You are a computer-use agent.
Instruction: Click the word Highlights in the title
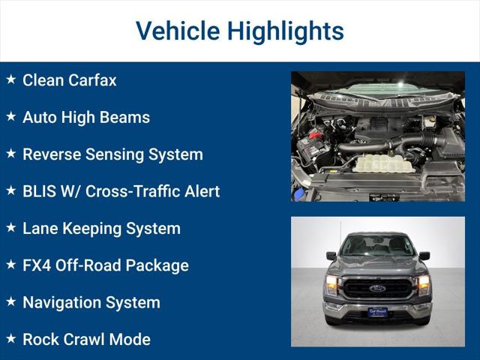tap(286, 31)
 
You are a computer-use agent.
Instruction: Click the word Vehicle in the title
tap(178, 31)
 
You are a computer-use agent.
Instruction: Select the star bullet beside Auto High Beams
tap(10, 116)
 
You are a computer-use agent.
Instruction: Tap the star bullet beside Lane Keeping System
tap(10, 227)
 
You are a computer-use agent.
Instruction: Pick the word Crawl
tap(85, 339)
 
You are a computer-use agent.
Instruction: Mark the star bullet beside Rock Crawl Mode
tap(10, 338)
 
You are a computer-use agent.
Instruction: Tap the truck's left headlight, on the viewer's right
tap(423, 283)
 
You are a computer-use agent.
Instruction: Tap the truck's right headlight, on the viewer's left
tap(331, 283)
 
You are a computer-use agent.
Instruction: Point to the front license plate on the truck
tap(377, 311)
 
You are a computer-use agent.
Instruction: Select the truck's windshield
tap(377, 247)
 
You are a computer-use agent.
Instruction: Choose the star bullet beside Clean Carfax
tap(10, 79)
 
